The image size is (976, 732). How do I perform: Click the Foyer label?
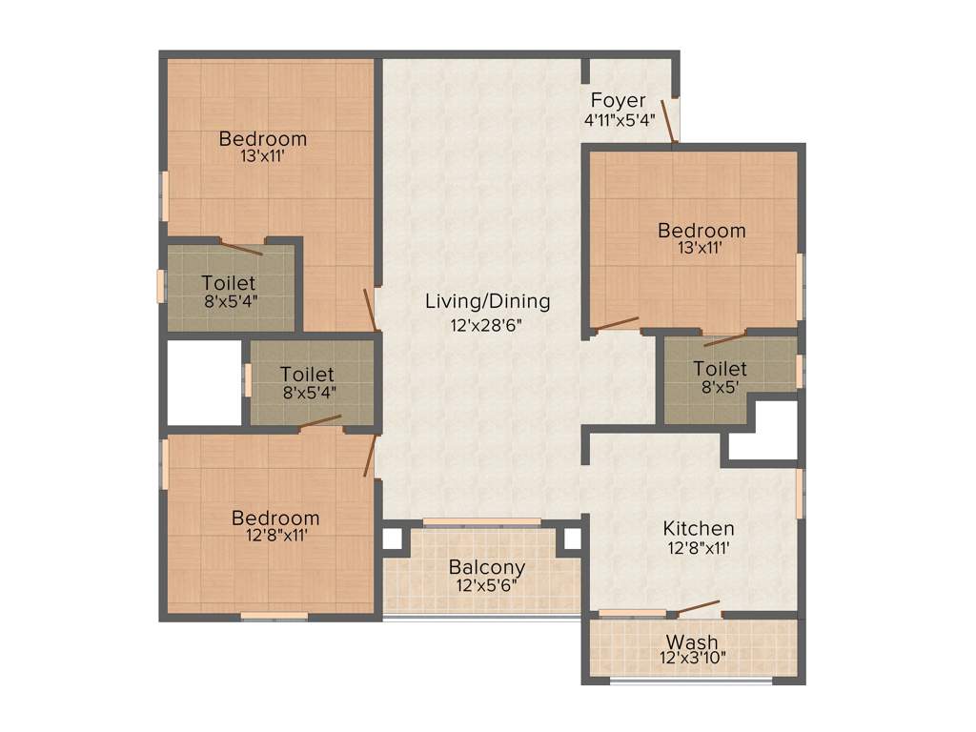[x=618, y=100]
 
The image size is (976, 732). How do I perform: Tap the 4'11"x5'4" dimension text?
[x=620, y=120]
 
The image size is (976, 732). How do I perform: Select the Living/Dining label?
[x=487, y=301]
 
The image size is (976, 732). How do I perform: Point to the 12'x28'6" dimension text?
[x=487, y=324]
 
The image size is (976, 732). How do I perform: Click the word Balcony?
[x=487, y=567]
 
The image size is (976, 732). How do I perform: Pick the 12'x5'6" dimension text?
[x=487, y=586]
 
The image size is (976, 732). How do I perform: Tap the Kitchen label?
[x=699, y=528]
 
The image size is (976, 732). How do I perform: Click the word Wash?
[x=692, y=641]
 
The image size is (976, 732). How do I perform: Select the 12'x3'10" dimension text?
[x=693, y=658]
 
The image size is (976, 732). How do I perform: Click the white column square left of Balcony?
[x=392, y=539]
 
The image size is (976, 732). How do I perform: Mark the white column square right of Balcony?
[x=572, y=539]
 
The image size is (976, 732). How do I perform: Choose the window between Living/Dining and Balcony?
[x=481, y=521]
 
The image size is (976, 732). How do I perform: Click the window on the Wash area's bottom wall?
[x=691, y=681]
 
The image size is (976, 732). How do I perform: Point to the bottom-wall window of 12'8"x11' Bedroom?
[x=274, y=617]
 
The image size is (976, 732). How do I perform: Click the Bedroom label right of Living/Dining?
[x=701, y=231]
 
